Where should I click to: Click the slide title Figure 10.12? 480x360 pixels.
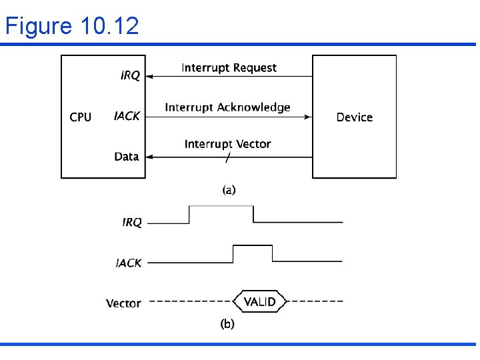(x=72, y=26)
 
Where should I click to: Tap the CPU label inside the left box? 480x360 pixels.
(x=81, y=117)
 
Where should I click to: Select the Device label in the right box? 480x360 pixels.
(x=354, y=117)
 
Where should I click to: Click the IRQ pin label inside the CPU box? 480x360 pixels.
(x=130, y=76)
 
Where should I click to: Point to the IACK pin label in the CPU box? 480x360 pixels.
(x=127, y=116)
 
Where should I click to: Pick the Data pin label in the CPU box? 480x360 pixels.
(x=127, y=157)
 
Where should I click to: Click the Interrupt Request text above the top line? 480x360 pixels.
(x=229, y=67)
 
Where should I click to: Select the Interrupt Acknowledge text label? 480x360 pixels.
(x=227, y=107)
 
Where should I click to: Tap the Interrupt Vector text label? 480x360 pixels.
(x=227, y=144)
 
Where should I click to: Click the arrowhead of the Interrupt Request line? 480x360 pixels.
(x=150, y=77)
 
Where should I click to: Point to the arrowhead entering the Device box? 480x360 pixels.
(x=308, y=117)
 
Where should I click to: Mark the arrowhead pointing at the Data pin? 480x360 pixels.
(x=150, y=157)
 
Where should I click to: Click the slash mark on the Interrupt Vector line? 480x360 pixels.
(x=228, y=158)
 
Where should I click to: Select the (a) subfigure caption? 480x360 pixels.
(x=228, y=190)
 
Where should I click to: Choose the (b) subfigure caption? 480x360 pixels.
(x=227, y=324)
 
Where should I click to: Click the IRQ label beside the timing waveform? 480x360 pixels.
(x=132, y=223)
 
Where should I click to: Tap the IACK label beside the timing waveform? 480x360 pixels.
(x=129, y=263)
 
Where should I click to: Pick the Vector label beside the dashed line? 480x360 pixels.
(x=123, y=303)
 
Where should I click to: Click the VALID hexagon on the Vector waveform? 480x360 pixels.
(x=259, y=302)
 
